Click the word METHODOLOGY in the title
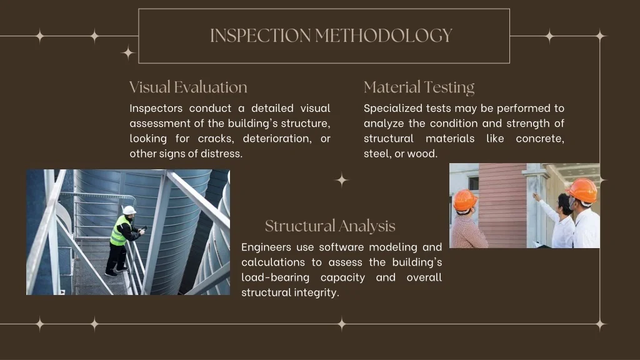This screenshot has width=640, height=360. (384, 36)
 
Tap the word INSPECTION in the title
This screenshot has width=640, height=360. (261, 36)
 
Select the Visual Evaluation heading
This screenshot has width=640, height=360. (188, 87)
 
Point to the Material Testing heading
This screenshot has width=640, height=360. (419, 87)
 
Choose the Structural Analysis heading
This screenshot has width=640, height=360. (330, 226)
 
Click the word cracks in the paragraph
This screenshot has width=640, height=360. (216, 139)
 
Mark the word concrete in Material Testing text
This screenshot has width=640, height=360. (540, 139)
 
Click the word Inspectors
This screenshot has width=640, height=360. (156, 109)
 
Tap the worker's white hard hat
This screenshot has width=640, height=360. (129, 210)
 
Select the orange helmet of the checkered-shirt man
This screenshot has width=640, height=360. (464, 200)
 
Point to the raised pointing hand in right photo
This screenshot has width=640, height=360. (536, 197)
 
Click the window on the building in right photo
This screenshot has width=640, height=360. (474, 183)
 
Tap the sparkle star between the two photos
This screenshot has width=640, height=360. (342, 180)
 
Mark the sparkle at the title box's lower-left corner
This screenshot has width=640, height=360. (128, 52)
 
